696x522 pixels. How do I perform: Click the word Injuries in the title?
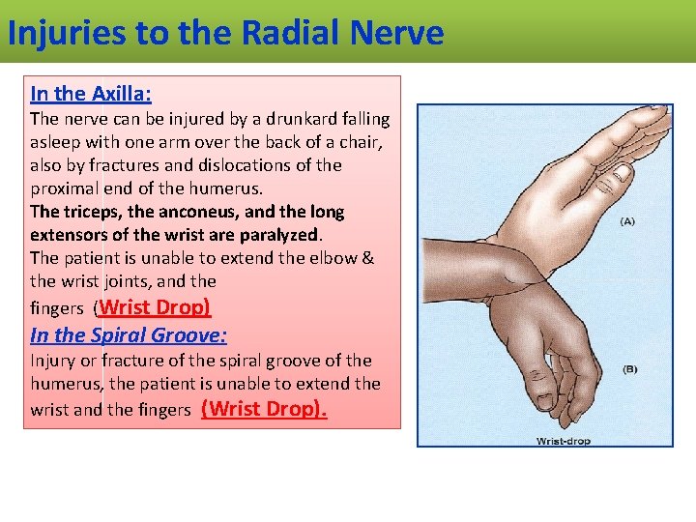pyautogui.click(x=65, y=33)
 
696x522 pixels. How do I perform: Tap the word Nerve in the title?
pyautogui.click(x=396, y=33)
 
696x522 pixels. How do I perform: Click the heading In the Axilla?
pyautogui.click(x=91, y=94)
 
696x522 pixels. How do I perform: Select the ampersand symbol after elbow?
pyautogui.click(x=367, y=258)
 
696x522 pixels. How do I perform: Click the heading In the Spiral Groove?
pyautogui.click(x=129, y=335)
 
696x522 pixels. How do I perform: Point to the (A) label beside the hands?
pyautogui.click(x=627, y=220)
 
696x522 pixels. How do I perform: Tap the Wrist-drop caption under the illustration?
pyautogui.click(x=563, y=441)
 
